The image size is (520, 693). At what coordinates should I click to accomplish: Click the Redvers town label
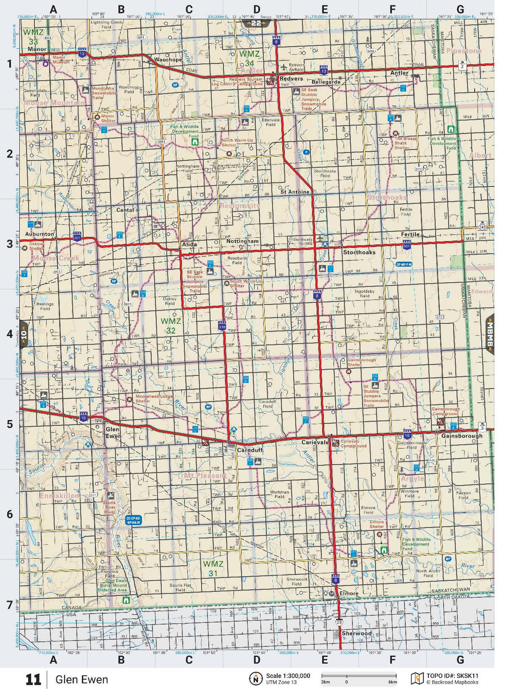click(x=291, y=79)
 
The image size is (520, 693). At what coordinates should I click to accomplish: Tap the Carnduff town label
click(x=250, y=450)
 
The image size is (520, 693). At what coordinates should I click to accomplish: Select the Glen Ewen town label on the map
click(x=113, y=432)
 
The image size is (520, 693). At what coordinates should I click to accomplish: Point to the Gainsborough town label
click(x=462, y=436)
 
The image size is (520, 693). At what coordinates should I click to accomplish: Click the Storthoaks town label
click(x=359, y=252)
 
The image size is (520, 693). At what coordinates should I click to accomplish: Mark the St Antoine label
click(x=295, y=192)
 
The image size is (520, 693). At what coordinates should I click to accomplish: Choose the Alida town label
click(x=189, y=245)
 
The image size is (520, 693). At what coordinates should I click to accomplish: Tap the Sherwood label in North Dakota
click(x=356, y=633)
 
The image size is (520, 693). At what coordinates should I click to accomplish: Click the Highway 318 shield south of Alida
click(x=222, y=326)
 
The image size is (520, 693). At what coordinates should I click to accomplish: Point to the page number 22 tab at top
click(x=256, y=23)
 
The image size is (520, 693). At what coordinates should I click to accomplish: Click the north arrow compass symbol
click(x=256, y=678)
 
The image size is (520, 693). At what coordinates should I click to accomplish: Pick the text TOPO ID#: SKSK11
click(x=452, y=676)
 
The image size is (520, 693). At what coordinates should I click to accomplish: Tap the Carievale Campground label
click(x=353, y=443)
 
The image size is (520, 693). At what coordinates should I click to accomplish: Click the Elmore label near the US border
click(x=349, y=593)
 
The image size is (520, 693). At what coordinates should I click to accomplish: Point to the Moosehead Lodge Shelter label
click(x=154, y=398)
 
